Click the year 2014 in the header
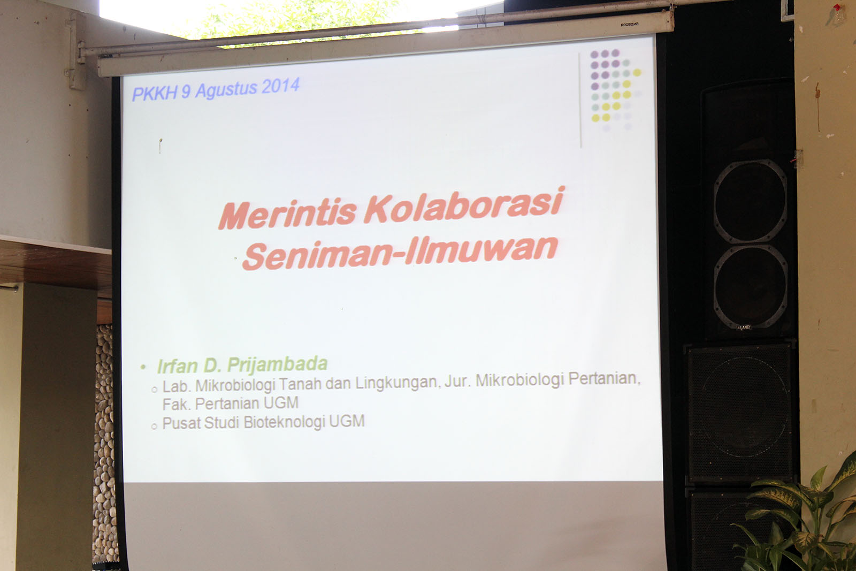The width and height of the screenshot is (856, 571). click(280, 86)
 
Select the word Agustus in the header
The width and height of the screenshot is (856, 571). click(226, 90)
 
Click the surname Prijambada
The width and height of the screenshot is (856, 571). click(278, 364)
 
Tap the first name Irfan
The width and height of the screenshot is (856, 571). click(177, 366)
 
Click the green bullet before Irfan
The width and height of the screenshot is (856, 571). click(143, 367)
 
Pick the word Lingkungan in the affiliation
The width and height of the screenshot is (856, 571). click(398, 383)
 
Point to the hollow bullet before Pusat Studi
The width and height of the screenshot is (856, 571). click(155, 427)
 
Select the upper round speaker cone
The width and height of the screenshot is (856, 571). click(750, 201)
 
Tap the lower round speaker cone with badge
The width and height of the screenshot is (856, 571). click(751, 287)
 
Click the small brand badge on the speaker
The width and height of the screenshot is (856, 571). click(744, 328)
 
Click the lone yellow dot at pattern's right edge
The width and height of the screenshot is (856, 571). click(637, 72)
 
